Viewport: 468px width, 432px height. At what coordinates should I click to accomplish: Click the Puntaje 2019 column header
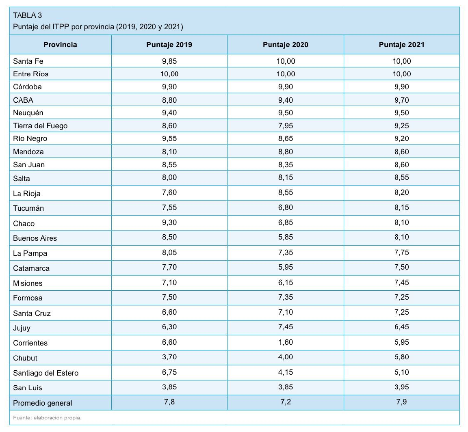169,45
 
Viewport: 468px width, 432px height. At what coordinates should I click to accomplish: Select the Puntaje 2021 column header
401,45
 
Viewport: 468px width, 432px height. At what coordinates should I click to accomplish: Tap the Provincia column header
60,45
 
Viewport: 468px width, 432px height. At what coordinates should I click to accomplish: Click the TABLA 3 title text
28,15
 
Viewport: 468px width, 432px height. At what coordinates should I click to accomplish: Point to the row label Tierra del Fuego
40,126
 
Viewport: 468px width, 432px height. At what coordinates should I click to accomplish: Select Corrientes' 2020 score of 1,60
286,342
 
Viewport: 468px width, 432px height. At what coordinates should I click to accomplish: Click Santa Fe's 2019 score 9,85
169,61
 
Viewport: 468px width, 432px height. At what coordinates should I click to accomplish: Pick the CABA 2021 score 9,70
402,100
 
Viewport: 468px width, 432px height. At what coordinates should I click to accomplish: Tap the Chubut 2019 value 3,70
169,357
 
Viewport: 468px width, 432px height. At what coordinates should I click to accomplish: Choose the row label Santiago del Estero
45,373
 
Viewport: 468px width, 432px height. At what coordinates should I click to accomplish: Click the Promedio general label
43,403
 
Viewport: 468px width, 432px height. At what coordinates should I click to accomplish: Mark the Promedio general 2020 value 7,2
286,402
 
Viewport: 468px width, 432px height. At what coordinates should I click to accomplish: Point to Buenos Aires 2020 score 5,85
286,237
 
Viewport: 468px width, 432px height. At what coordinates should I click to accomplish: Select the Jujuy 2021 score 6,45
402,327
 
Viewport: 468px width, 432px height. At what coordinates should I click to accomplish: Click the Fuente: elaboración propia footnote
47,418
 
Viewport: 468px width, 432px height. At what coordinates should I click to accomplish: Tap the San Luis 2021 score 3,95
402,387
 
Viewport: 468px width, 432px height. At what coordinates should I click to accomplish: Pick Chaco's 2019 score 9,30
169,222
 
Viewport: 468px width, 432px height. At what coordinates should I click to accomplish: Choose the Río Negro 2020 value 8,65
286,138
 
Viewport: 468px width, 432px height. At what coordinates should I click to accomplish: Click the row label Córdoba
28,87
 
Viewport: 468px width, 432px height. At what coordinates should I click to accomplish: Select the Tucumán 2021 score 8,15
402,207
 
